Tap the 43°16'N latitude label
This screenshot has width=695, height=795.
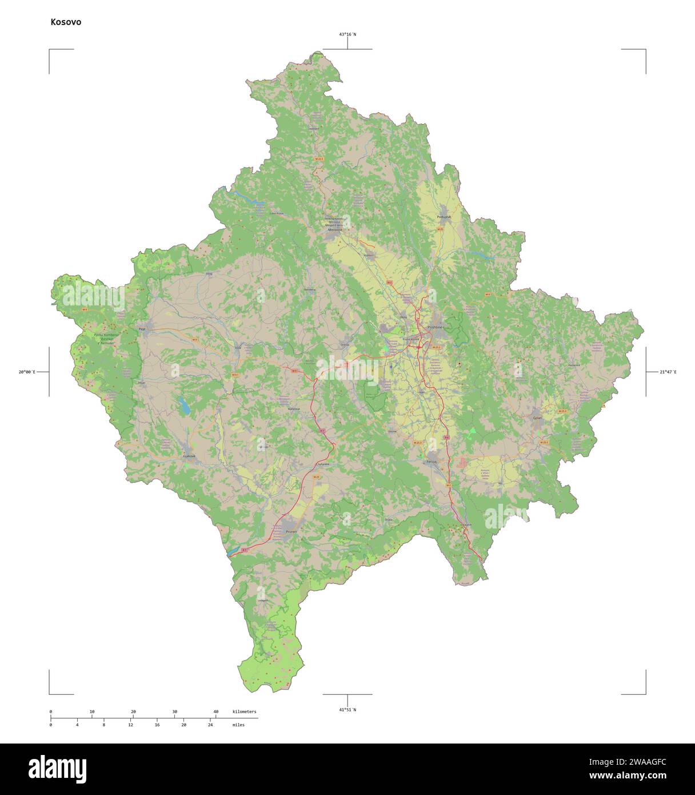347,34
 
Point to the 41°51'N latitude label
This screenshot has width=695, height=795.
347,710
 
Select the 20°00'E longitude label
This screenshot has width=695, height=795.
26,372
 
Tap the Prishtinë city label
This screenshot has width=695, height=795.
435,327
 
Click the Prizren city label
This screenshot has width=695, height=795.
291,532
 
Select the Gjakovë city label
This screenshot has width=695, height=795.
189,456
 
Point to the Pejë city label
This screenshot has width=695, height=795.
142,329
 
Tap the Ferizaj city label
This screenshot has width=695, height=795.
432,461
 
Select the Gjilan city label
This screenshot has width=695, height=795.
537,418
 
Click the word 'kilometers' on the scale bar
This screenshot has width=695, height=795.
244,711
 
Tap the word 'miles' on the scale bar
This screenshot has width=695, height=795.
238,725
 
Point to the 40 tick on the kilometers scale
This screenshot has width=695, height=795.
215,711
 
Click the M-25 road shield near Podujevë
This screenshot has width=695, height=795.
440,229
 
